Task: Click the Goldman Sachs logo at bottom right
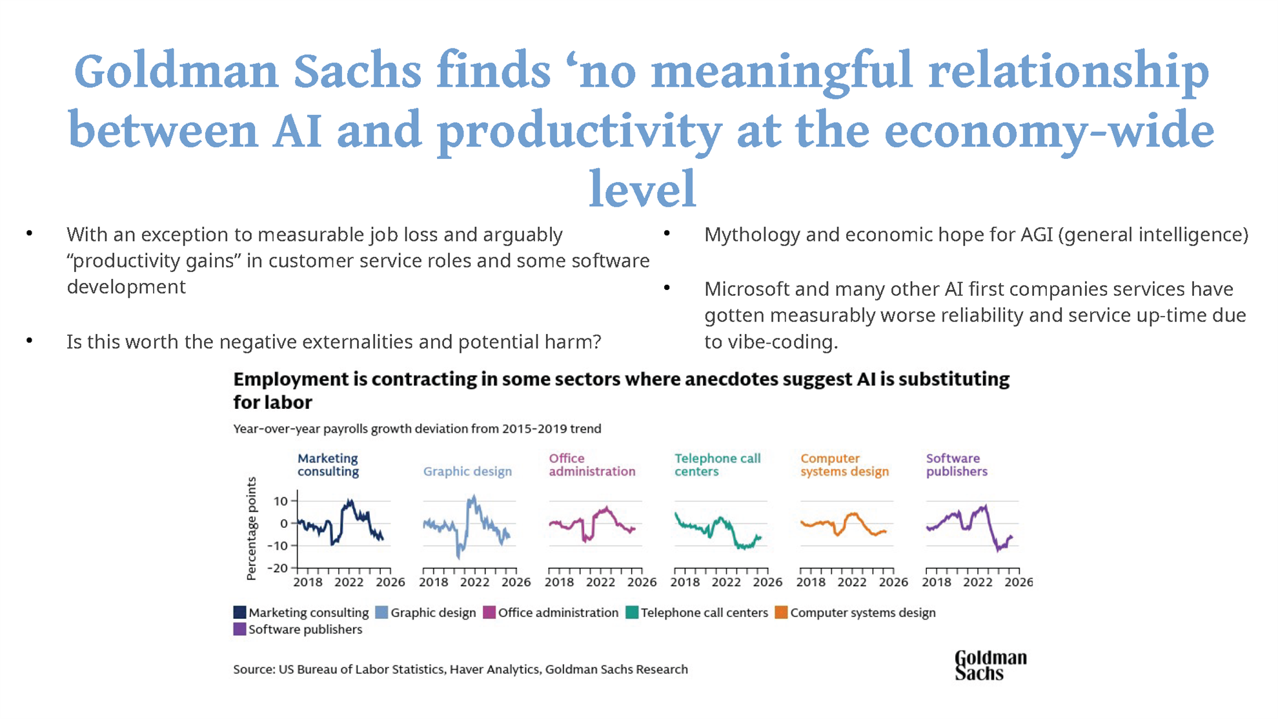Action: [990, 665]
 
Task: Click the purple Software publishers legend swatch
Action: [239, 629]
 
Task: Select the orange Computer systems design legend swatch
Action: [781, 612]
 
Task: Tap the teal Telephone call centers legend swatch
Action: [632, 612]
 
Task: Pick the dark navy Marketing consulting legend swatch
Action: [239, 612]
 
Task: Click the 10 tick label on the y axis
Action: [281, 501]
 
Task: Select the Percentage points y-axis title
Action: [252, 528]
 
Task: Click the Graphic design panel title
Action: [467, 472]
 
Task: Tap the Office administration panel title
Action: [592, 465]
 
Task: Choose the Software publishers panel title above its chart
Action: [957, 465]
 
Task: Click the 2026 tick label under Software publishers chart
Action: [1019, 582]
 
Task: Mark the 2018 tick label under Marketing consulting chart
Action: [308, 582]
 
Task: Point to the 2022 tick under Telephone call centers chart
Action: [726, 582]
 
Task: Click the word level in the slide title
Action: [643, 189]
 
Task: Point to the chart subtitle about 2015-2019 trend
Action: [417, 429]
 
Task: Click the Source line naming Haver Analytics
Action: [460, 669]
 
